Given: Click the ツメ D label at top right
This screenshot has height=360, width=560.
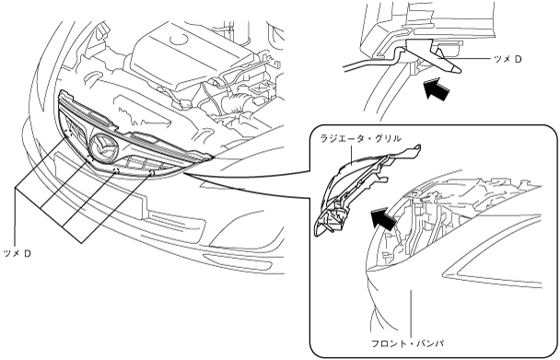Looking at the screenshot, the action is tap(507, 59).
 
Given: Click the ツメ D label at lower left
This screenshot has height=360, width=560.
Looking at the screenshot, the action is tap(17, 253).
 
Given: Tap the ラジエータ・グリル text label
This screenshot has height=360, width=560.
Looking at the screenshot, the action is tap(361, 139).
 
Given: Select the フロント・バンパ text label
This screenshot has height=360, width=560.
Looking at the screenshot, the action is tap(408, 344).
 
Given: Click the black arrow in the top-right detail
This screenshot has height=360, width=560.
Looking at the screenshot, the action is tap(437, 89).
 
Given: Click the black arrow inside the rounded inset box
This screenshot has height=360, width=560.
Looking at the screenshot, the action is tap(384, 217).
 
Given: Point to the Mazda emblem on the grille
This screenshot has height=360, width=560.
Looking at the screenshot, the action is tap(104, 147).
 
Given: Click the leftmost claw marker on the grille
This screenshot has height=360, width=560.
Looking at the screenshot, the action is tap(67, 134).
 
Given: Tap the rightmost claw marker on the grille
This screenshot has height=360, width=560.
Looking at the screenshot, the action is tap(151, 173).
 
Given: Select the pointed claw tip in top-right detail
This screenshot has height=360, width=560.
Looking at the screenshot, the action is tap(458, 70).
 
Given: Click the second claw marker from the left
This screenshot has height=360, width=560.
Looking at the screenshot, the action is tap(89, 158).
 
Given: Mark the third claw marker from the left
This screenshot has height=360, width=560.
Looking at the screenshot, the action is tap(116, 169).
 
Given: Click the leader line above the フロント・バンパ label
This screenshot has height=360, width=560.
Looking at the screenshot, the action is tap(412, 313).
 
